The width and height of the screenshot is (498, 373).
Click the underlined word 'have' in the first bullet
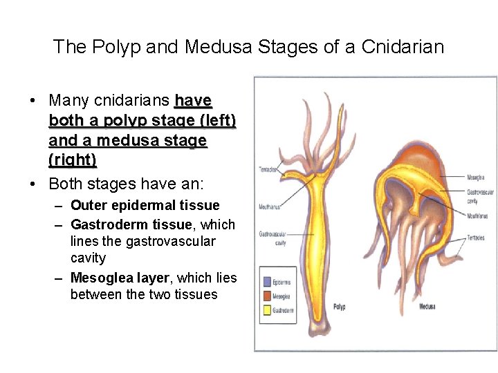point(193,101)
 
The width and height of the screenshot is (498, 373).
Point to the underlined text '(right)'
point(73,160)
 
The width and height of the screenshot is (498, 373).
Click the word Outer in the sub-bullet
point(88,205)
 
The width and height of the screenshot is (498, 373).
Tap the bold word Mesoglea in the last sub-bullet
point(102,278)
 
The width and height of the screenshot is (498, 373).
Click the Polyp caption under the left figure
point(339,307)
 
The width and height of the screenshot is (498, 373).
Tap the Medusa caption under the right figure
point(427,307)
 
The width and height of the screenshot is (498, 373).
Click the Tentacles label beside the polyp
point(268,169)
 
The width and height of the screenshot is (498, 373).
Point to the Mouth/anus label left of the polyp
point(270,205)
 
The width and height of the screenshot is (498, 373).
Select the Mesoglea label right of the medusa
point(476,178)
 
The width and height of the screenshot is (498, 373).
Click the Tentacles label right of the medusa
point(476,238)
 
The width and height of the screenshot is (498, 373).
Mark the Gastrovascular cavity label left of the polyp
point(272,238)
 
